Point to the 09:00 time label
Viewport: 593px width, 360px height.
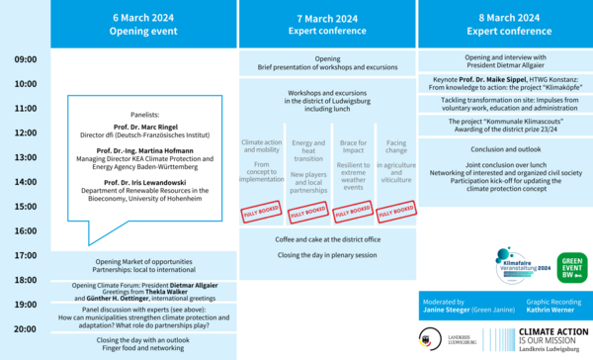tap(26, 60)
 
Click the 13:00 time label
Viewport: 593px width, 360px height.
tap(26, 156)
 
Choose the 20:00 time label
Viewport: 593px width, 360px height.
tap(26, 327)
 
